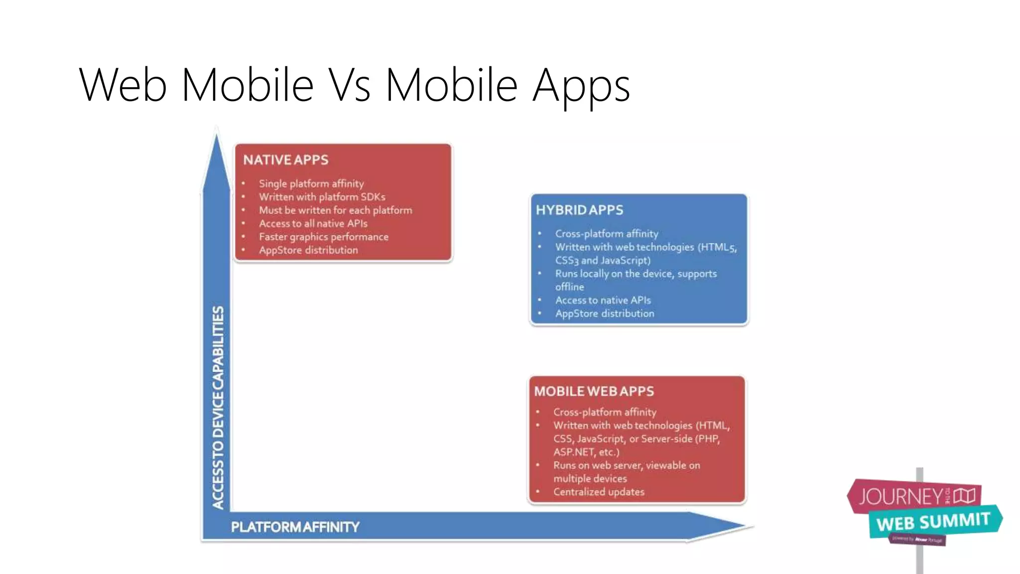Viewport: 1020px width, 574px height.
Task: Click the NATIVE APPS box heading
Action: (x=286, y=160)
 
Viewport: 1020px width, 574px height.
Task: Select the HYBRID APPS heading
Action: (x=579, y=210)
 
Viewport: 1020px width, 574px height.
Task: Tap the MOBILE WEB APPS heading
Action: (x=594, y=391)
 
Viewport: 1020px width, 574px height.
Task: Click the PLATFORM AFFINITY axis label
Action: (x=295, y=527)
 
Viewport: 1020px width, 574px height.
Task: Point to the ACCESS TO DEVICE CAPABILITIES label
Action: (x=218, y=407)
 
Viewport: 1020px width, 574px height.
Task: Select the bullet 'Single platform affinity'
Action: (x=311, y=183)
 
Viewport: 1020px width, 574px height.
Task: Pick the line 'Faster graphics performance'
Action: (x=324, y=237)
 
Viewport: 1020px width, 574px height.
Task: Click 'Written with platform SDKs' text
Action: (x=322, y=197)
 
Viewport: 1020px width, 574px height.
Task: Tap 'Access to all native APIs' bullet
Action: (x=313, y=223)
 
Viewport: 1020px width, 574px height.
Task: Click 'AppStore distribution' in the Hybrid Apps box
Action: (x=605, y=313)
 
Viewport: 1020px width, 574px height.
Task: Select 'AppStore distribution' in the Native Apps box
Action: (x=308, y=250)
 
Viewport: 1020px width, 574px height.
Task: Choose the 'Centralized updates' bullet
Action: (x=599, y=492)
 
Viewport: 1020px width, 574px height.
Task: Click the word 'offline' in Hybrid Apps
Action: (x=570, y=287)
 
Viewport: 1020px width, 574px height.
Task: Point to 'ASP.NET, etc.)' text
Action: (x=586, y=452)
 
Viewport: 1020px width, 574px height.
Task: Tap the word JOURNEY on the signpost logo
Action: (x=900, y=496)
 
